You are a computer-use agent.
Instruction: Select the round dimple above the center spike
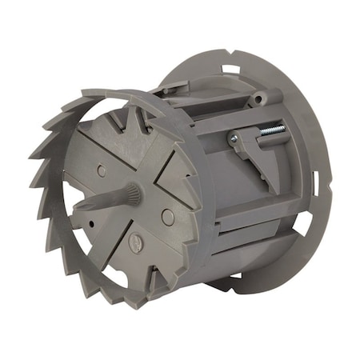[x=101, y=170]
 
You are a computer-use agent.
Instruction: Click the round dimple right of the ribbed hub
[x=166, y=216]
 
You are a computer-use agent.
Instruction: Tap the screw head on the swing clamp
[x=234, y=139]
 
